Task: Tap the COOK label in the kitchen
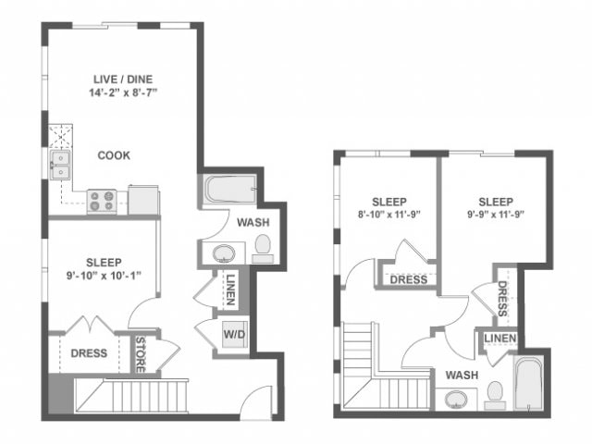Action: pyautogui.click(x=114, y=155)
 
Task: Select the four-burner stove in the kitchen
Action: pyautogui.click(x=101, y=201)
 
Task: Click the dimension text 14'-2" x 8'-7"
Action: pyautogui.click(x=123, y=92)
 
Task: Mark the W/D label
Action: pyautogui.click(x=231, y=334)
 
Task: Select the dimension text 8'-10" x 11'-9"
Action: pyautogui.click(x=389, y=217)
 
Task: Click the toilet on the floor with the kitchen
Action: pyautogui.click(x=263, y=245)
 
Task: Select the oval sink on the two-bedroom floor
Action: pyautogui.click(x=455, y=400)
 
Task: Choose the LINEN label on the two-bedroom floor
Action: pyautogui.click(x=499, y=339)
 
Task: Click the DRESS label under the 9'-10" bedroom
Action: pyautogui.click(x=89, y=352)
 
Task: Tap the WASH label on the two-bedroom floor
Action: pyautogui.click(x=462, y=375)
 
